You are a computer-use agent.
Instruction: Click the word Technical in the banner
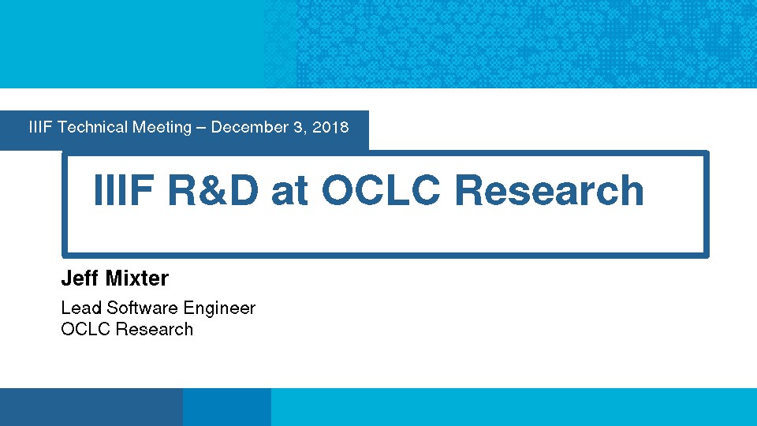tap(92, 127)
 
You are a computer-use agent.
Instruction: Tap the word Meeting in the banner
tap(162, 128)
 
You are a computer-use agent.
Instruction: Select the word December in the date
tap(250, 127)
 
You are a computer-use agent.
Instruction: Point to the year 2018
tap(330, 127)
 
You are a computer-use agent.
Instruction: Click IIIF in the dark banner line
tap(40, 127)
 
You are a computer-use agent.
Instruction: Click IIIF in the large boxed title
tap(124, 190)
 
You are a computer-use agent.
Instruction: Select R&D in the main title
tap(213, 190)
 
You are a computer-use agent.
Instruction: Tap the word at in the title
tap(289, 192)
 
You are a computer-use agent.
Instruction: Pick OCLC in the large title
tap(381, 190)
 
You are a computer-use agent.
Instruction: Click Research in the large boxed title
tap(549, 190)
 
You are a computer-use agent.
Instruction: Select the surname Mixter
tap(137, 278)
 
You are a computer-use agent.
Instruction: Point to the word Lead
tap(81, 308)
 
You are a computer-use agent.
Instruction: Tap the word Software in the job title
tap(142, 308)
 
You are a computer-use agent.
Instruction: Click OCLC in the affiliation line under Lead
tap(86, 329)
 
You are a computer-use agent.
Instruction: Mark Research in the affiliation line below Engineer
tap(155, 329)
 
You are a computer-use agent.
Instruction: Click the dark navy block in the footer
tap(91, 407)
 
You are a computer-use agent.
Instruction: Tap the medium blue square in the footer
tap(227, 407)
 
